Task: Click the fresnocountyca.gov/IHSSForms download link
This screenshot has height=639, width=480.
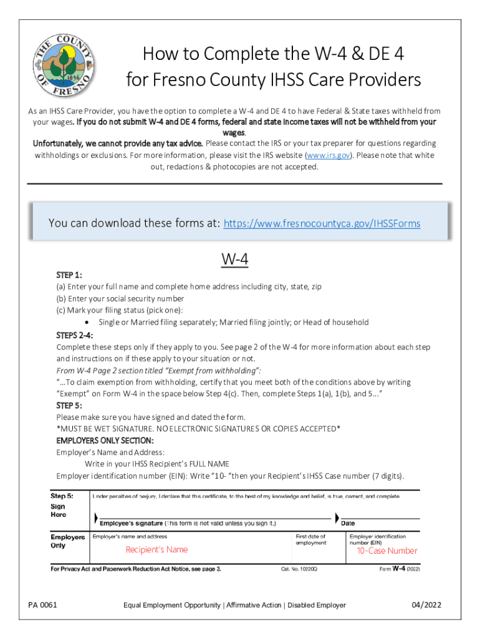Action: coord(322,223)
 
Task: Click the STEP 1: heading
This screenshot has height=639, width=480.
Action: coord(69,275)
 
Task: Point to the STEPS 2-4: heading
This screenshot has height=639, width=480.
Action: coord(75,335)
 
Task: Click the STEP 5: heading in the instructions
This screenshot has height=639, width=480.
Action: coord(69,405)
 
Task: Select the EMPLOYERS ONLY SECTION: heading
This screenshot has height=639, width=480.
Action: coord(105,441)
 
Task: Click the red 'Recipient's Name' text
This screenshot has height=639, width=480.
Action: coord(156,550)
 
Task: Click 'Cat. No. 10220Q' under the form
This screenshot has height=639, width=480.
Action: coord(299,570)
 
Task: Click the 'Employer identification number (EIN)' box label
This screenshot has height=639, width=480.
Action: coord(378,539)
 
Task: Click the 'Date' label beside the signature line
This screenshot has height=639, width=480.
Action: coord(348,524)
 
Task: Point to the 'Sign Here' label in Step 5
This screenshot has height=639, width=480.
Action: coord(59,510)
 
